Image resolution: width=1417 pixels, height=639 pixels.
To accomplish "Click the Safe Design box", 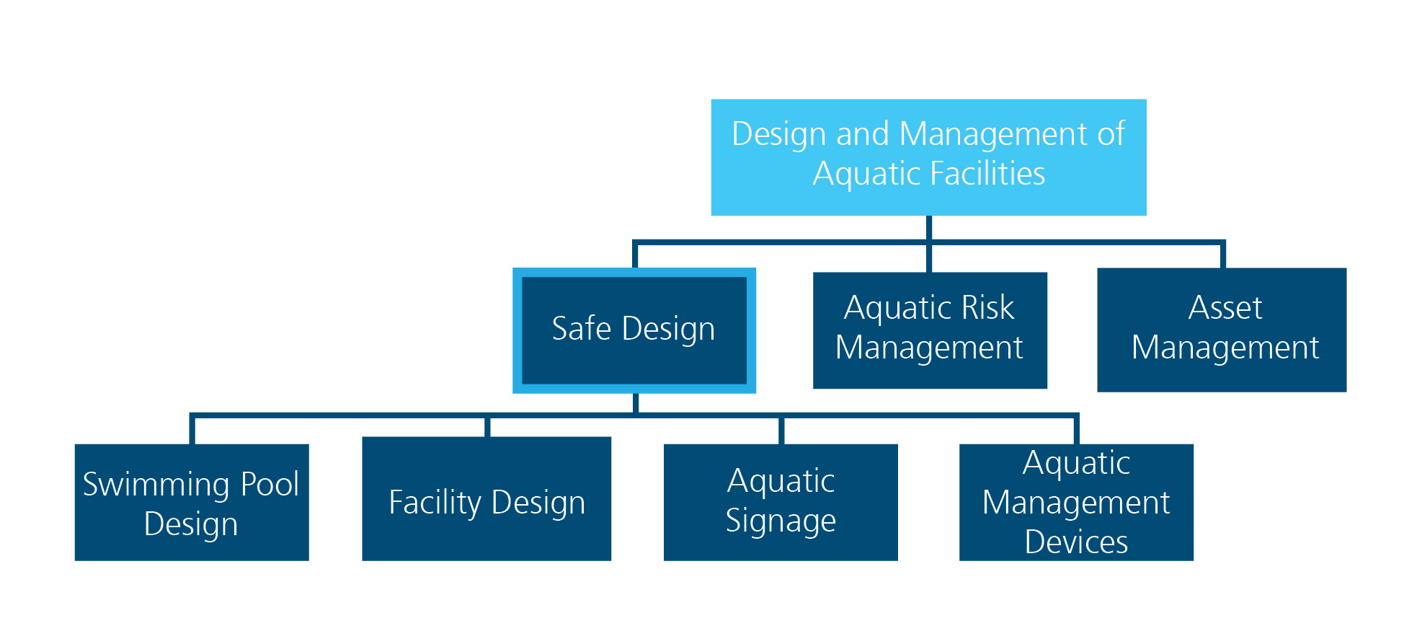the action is [x=634, y=330].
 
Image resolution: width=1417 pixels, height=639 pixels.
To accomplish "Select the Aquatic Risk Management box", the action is [x=930, y=330].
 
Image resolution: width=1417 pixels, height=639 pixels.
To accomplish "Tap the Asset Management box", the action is [x=1222, y=330].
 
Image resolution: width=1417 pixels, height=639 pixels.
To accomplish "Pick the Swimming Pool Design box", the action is [x=192, y=502].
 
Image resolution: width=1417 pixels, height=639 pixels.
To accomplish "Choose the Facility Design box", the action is [x=487, y=498].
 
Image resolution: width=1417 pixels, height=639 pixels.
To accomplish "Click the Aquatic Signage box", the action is [x=781, y=502].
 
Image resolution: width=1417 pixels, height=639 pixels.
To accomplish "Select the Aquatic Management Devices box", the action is [x=1076, y=502].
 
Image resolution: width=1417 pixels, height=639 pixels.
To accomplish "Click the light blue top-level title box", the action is [x=929, y=157].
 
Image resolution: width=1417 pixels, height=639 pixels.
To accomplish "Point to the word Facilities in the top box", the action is [x=988, y=173].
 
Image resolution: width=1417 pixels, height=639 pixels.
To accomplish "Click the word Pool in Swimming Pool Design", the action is [x=270, y=484].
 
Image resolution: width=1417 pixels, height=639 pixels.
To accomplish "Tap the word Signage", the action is [x=781, y=521].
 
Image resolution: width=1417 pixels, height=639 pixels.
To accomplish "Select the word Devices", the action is [x=1076, y=542].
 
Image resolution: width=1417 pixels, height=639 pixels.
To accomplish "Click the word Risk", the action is [x=987, y=308].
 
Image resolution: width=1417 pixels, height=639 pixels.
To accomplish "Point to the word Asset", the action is [x=1225, y=308].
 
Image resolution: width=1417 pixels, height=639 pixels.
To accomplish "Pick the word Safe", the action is [x=581, y=328].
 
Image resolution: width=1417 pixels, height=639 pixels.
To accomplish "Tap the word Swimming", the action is [x=159, y=485].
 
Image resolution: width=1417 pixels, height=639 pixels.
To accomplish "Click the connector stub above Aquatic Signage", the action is [x=781, y=430].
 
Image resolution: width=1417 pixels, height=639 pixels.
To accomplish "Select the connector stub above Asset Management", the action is [x=1222, y=256].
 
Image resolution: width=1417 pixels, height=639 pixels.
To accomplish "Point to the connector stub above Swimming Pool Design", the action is [x=192, y=430].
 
